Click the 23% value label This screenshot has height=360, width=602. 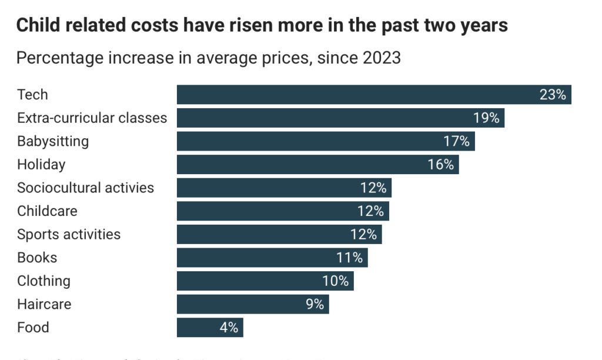552,95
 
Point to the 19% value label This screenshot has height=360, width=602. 486,118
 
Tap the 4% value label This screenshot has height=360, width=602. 229,328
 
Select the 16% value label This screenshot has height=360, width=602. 441,165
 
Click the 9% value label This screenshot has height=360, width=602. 315,304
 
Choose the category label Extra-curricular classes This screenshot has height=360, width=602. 92,118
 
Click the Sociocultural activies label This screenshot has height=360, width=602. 85,188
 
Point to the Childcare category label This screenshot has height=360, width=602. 47,211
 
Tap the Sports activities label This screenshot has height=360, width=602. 69,234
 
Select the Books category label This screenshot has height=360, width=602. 37,257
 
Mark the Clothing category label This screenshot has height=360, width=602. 44,281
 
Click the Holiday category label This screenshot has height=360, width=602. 41,165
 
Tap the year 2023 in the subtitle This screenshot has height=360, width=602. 381,58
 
